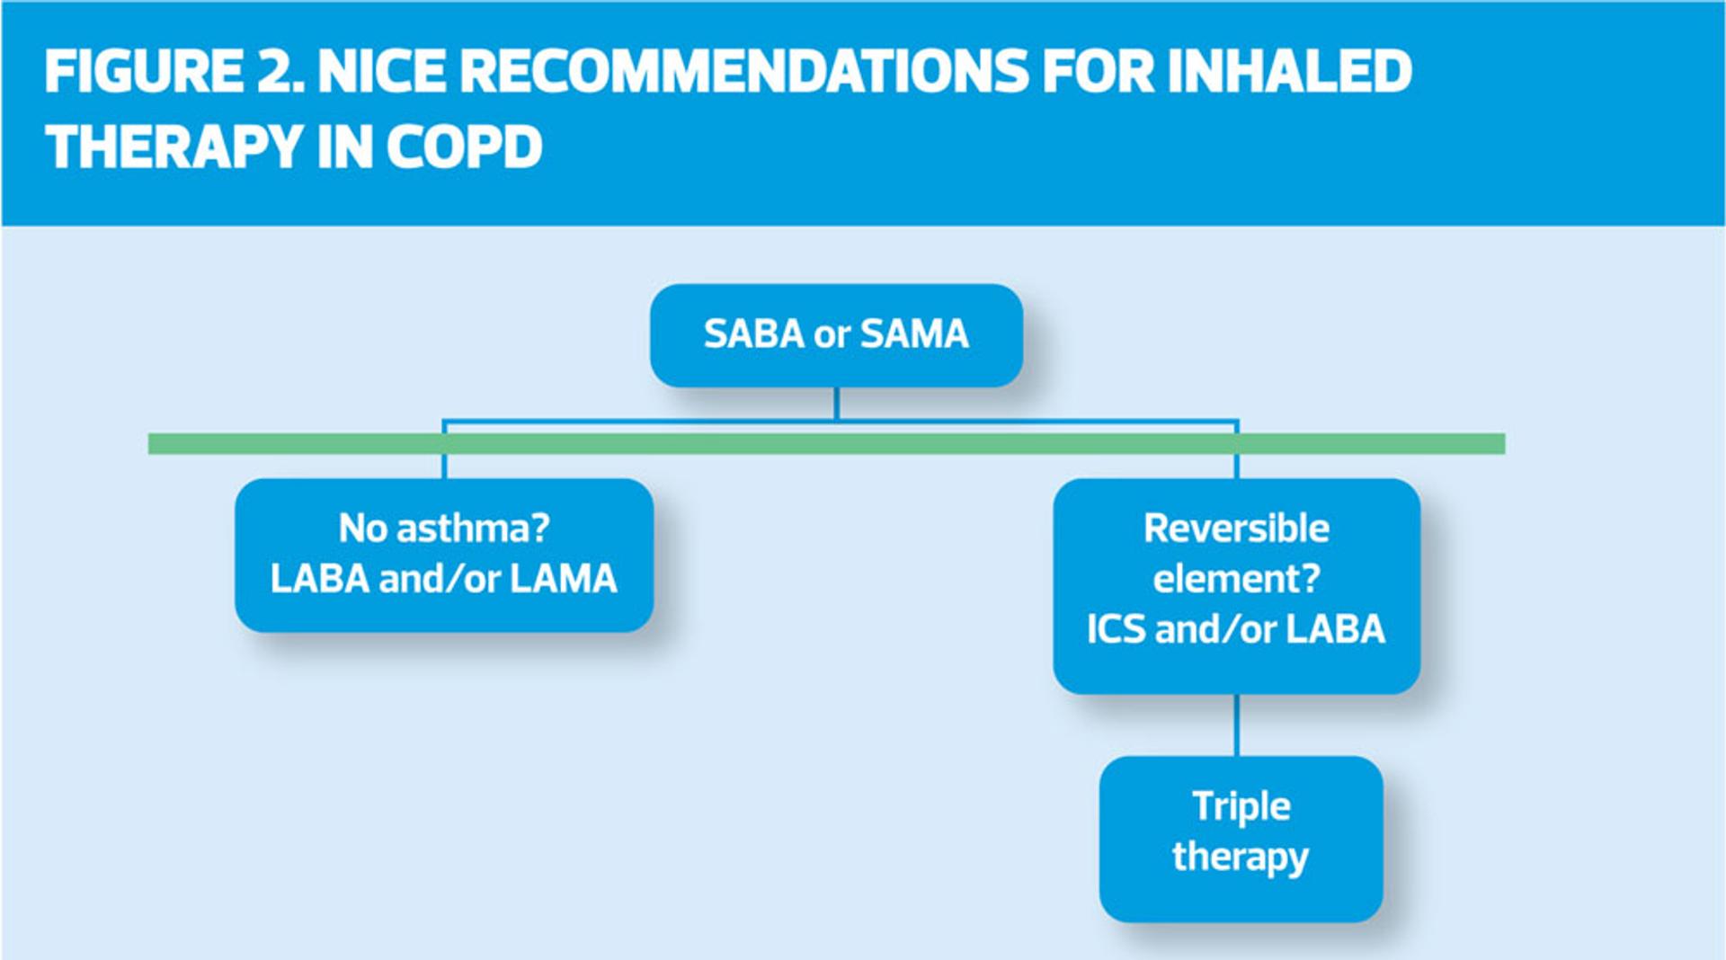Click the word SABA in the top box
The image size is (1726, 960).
(753, 334)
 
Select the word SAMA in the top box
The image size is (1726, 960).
(914, 334)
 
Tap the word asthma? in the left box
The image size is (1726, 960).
(473, 529)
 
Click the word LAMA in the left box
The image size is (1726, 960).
(564, 579)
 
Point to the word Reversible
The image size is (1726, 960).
(1236, 529)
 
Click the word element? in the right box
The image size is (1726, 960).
(1236, 578)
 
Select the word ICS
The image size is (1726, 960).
(1116, 629)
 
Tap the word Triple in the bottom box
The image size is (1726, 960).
(1241, 806)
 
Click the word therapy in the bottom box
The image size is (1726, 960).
(1241, 857)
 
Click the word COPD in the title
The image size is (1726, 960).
(465, 147)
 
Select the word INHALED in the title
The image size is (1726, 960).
(1289, 72)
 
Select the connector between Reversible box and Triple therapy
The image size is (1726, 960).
(1237, 724)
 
